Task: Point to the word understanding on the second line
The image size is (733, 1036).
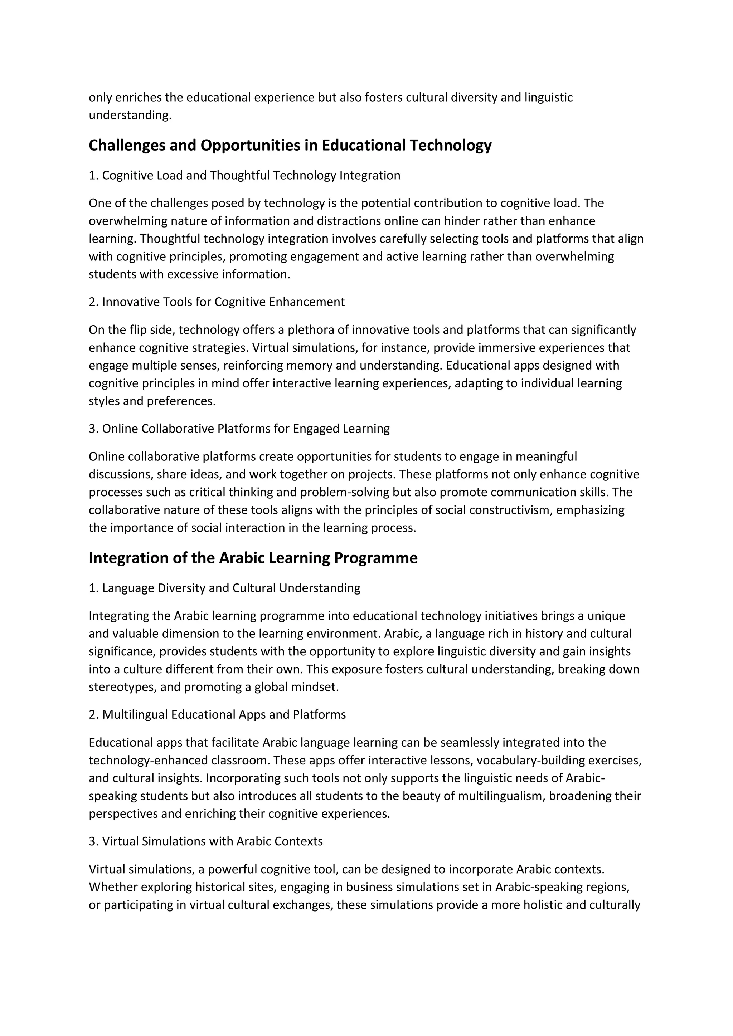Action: [x=129, y=116]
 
